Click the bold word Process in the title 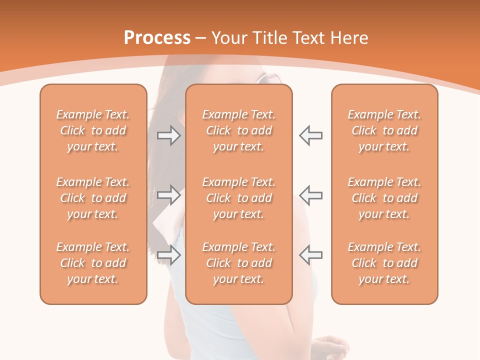157,38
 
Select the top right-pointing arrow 169,135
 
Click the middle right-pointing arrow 169,195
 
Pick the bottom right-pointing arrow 169,255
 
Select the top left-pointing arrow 310,135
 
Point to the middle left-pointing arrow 310,195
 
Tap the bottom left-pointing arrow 310,255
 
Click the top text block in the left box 93,130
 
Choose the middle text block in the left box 93,198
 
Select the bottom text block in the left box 93,263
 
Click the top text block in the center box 238,130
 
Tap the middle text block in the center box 238,198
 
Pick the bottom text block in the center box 238,263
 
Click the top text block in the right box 384,130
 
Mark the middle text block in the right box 384,198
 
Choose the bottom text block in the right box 384,263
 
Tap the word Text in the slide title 310,38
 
